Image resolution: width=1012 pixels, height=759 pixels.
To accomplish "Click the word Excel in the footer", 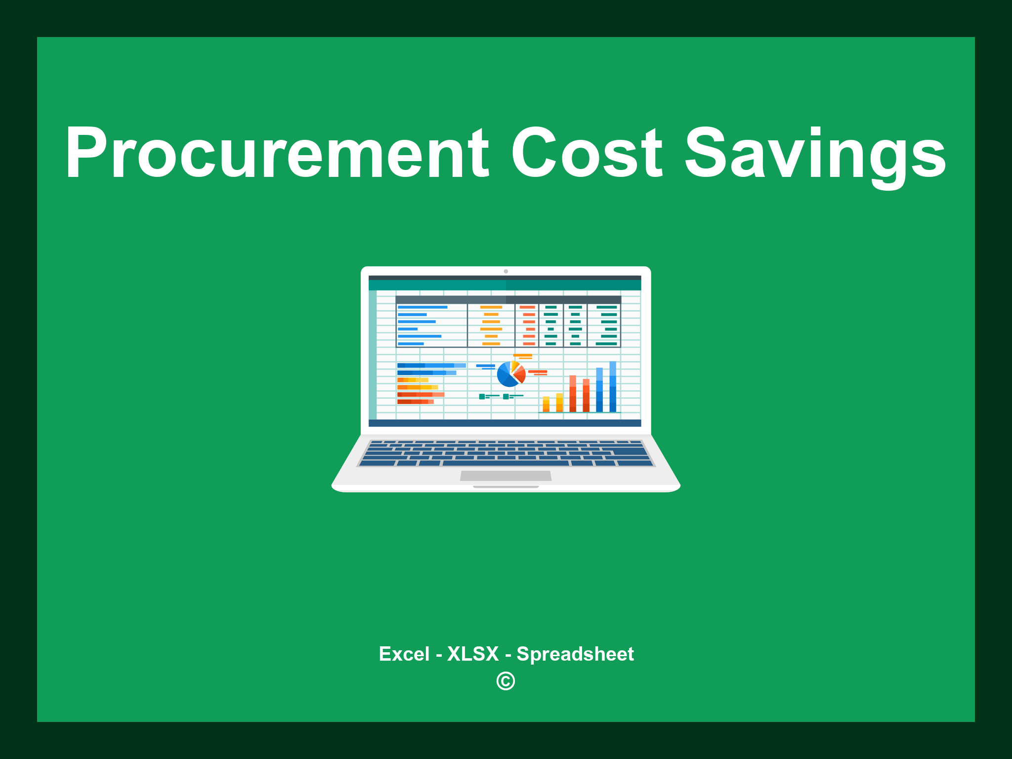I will (404, 654).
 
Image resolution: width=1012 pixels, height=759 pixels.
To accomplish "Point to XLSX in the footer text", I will (473, 654).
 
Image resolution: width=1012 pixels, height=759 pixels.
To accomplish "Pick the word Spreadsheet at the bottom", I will (575, 654).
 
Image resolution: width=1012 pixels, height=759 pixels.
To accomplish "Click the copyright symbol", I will (506, 681).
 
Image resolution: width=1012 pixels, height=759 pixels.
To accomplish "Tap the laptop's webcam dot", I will (506, 271).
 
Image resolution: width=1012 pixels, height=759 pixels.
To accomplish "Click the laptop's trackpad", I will (506, 475).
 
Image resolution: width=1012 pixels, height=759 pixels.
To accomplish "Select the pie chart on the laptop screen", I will (510, 375).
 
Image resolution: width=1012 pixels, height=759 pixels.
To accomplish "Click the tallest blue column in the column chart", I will (613, 386).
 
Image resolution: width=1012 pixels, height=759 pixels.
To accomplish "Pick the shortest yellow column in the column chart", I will (546, 404).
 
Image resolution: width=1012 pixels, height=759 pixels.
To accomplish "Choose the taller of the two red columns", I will (573, 393).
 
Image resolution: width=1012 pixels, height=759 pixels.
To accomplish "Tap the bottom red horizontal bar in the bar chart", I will (415, 402).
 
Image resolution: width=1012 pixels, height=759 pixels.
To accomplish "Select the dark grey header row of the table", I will (508, 300).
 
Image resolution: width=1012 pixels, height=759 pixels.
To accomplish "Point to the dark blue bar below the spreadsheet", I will (505, 423).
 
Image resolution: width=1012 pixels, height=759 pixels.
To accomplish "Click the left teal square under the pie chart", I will (482, 396).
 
